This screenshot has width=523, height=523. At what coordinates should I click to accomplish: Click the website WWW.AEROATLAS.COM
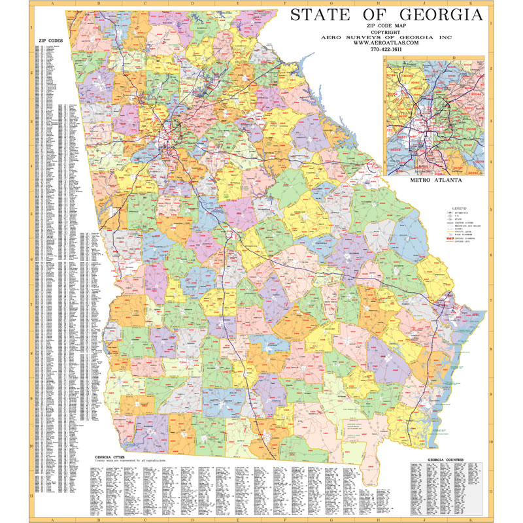[x=387, y=42]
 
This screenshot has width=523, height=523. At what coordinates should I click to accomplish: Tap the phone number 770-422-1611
[x=387, y=49]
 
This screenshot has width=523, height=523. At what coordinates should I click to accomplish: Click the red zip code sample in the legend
[x=449, y=239]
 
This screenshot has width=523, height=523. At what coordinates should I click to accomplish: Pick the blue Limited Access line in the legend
[x=450, y=222]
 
